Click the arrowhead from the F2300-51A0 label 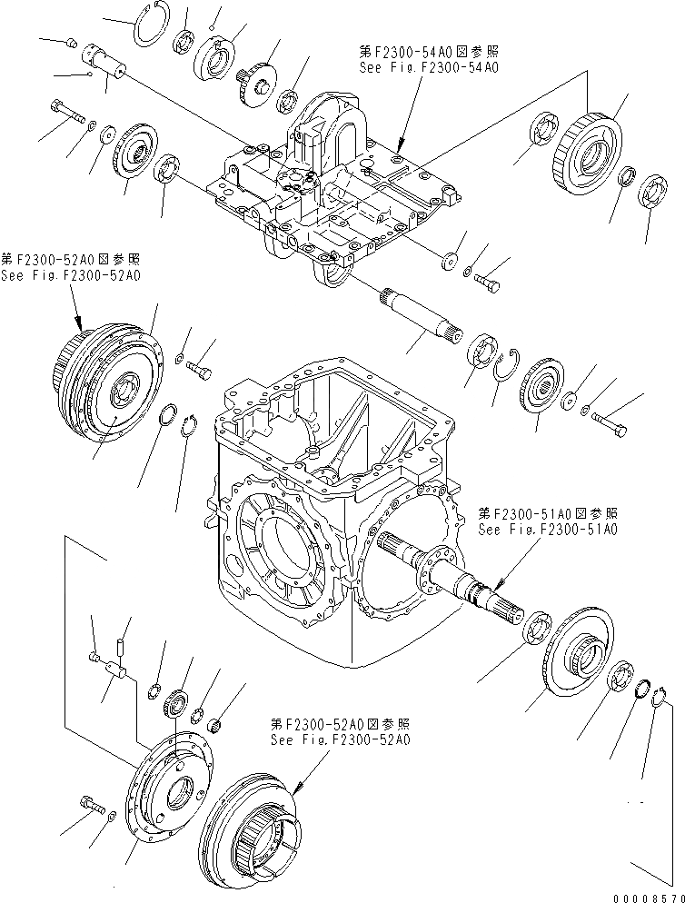tap(496, 580)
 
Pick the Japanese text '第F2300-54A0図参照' tap(429, 53)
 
